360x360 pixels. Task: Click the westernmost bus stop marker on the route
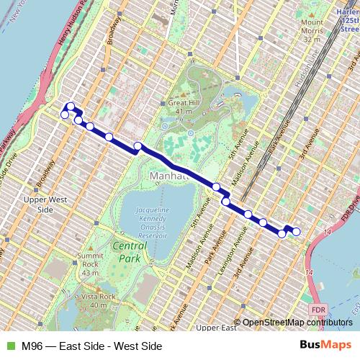pos(65,114)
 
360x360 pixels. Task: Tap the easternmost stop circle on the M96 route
pos(296,230)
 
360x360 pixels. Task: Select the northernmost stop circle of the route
pos(71,107)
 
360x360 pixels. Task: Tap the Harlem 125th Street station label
pos(348,19)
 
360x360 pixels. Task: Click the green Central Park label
pos(130,251)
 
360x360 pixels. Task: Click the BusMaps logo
pos(325,345)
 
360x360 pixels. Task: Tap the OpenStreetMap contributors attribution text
pos(296,322)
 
